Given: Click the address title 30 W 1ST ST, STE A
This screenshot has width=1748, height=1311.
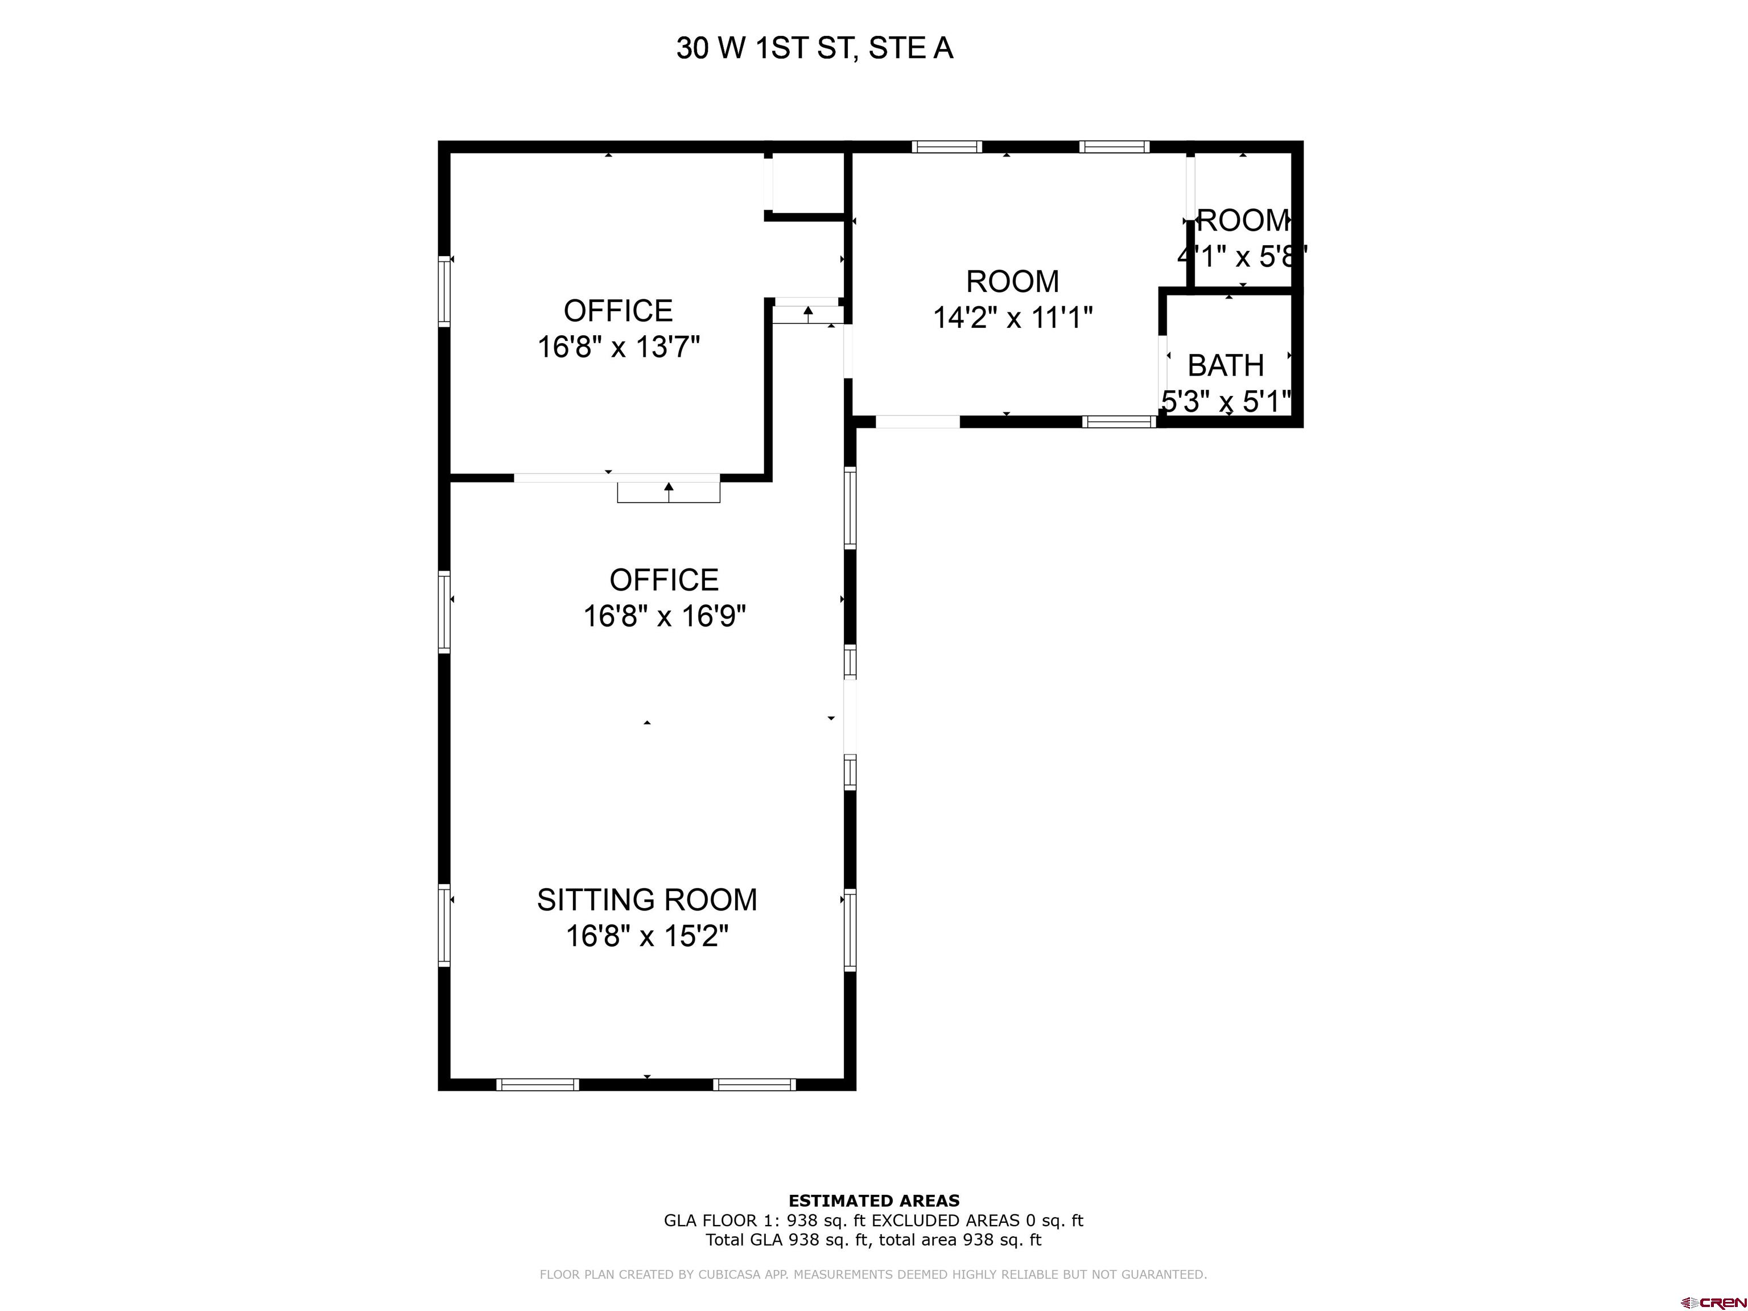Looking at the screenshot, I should tap(815, 49).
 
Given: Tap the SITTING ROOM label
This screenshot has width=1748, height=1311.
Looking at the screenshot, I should tap(646, 899).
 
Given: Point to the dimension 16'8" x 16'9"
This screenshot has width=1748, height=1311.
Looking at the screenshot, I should tap(664, 616).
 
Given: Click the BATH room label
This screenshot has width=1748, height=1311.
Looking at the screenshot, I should tap(1226, 365).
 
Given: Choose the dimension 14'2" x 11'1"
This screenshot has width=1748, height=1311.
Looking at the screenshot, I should tap(1012, 318).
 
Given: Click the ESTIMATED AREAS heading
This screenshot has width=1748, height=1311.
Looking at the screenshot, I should tap(873, 1201).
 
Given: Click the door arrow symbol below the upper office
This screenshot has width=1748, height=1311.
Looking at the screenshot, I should tap(669, 488).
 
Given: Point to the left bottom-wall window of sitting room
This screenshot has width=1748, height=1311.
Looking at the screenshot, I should tap(537, 1084).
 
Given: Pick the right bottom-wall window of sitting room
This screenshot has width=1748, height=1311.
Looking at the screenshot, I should tap(754, 1084).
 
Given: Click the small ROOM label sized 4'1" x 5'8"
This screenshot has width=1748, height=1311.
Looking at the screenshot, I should tap(1242, 220).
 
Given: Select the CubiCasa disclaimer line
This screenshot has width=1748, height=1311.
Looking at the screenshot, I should tap(873, 1274).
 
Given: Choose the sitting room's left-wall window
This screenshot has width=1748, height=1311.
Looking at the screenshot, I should tap(444, 925).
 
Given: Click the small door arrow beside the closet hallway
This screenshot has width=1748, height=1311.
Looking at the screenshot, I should tap(807, 313).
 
